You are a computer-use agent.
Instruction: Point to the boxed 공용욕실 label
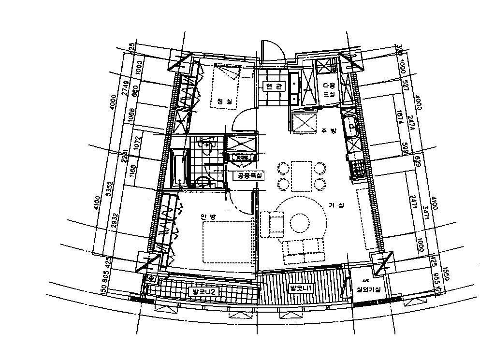[x=248, y=176]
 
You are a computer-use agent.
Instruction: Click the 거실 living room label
[x=336, y=205]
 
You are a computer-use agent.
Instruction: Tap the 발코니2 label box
[x=200, y=291]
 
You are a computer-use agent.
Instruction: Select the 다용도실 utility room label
[x=329, y=88]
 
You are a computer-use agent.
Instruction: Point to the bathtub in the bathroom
[x=177, y=167]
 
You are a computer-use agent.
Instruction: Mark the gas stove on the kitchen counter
[x=359, y=169]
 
